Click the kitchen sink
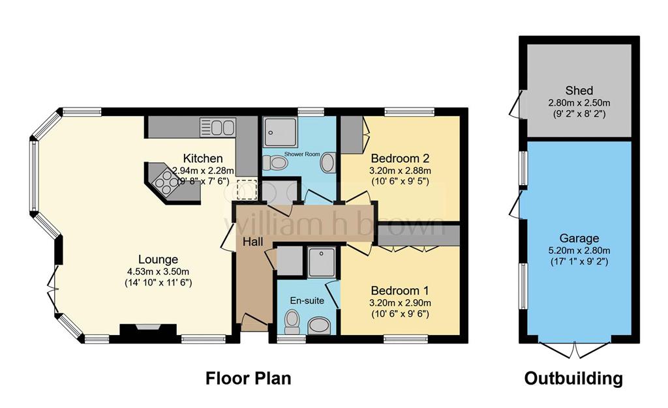pyautogui.click(x=218, y=128)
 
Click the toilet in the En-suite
pyautogui.click(x=292, y=321)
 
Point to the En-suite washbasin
pyautogui.click(x=319, y=326)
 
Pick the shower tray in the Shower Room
pyautogui.click(x=280, y=132)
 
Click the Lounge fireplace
pyautogui.click(x=148, y=330)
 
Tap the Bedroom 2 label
pyautogui.click(x=400, y=158)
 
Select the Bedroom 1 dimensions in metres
pyautogui.click(x=400, y=303)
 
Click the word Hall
pyautogui.click(x=252, y=242)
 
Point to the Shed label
pyautogui.click(x=579, y=91)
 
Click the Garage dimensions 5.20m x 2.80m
pyautogui.click(x=579, y=250)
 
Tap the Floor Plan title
pyautogui.click(x=249, y=378)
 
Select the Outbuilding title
pyautogui.click(x=573, y=378)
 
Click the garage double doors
pyautogui.click(x=575, y=349)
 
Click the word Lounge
pyautogui.click(x=158, y=259)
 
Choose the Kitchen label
pyautogui.click(x=203, y=158)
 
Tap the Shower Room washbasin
pyautogui.click(x=327, y=162)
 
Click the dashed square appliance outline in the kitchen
pyautogui.click(x=247, y=189)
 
